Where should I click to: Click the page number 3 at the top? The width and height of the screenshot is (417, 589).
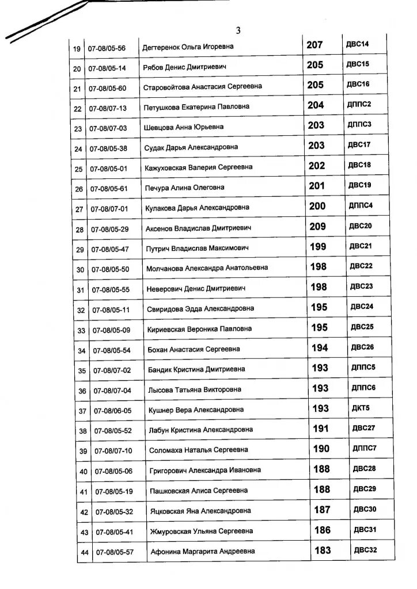(x=238, y=30)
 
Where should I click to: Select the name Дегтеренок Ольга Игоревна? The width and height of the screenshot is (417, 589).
(x=188, y=47)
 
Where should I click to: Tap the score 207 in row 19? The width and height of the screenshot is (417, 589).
(x=314, y=44)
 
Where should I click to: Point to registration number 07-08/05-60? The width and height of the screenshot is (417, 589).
(x=107, y=87)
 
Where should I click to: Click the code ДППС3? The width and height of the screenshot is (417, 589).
(x=359, y=124)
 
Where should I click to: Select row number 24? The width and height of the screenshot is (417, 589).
(x=79, y=150)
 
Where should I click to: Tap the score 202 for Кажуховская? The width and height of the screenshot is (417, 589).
(x=317, y=166)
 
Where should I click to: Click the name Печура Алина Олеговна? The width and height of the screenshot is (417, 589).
(x=184, y=188)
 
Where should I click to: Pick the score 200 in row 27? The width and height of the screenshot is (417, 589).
(x=317, y=206)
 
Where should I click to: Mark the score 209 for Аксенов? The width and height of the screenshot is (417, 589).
(x=318, y=226)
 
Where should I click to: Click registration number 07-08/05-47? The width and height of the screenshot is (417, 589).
(x=110, y=249)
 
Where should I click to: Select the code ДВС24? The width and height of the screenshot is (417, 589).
(x=362, y=307)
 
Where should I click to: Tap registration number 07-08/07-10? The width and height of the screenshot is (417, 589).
(x=113, y=451)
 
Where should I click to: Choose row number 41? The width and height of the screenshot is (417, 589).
(x=84, y=492)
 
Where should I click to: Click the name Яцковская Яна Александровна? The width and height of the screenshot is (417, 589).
(x=200, y=511)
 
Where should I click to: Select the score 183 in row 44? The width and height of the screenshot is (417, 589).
(x=323, y=550)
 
